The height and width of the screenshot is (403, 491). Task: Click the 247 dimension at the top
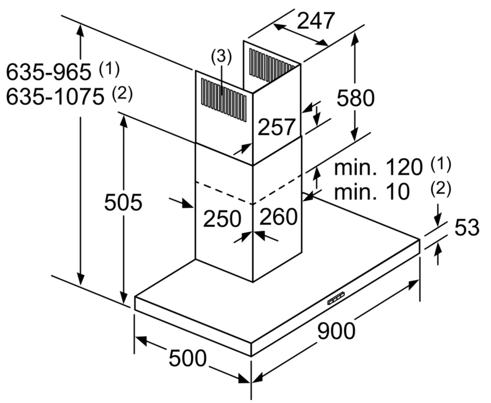(x=316, y=21)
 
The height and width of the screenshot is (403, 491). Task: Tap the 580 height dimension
(x=355, y=98)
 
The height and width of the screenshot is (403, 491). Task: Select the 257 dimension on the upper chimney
(x=276, y=127)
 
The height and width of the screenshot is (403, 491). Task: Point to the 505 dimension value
(x=123, y=202)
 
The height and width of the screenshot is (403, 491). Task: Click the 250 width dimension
(x=222, y=219)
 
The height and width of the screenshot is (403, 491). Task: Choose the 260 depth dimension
(x=278, y=216)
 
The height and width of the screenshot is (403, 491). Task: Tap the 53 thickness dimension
(x=467, y=227)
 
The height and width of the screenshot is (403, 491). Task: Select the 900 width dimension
(x=336, y=331)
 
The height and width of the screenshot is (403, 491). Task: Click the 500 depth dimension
(x=188, y=358)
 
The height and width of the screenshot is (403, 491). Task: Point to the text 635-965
(x=49, y=72)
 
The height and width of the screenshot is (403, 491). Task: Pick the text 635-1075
(x=55, y=96)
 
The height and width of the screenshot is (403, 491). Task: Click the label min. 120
(x=378, y=167)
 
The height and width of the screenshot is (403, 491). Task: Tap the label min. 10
(x=372, y=192)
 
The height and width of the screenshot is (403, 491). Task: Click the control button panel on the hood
(x=336, y=298)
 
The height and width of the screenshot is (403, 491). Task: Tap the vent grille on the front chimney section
(x=224, y=100)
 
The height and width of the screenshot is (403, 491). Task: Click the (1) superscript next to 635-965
(x=109, y=69)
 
